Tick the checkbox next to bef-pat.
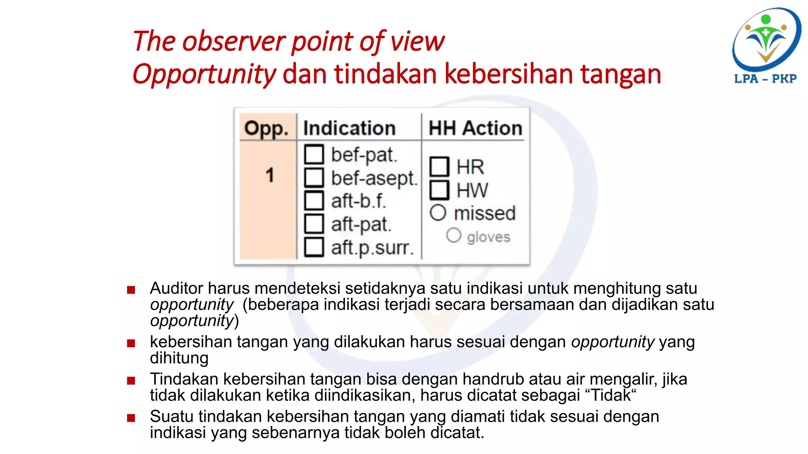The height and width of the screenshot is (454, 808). coord(314,154)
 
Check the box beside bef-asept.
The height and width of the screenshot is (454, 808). coord(314,177)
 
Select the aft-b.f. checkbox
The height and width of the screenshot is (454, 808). coord(314,201)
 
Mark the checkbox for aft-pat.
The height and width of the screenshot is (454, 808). coord(314,224)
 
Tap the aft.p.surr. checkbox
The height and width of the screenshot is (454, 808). coord(314,247)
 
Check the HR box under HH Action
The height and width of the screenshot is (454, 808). coord(439,167)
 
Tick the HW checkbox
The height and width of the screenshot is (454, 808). coord(439,190)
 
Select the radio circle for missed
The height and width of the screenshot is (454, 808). coord(438,213)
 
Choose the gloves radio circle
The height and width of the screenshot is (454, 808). coord(454,236)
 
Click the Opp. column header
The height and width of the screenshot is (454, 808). coord(266,128)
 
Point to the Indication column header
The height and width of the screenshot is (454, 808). coord(349,128)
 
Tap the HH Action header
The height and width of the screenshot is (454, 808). coord(475,128)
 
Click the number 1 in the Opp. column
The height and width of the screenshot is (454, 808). coord(270,175)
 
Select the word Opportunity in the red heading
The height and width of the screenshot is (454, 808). coord(204,74)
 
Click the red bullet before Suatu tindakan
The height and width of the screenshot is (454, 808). coord(131,418)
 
